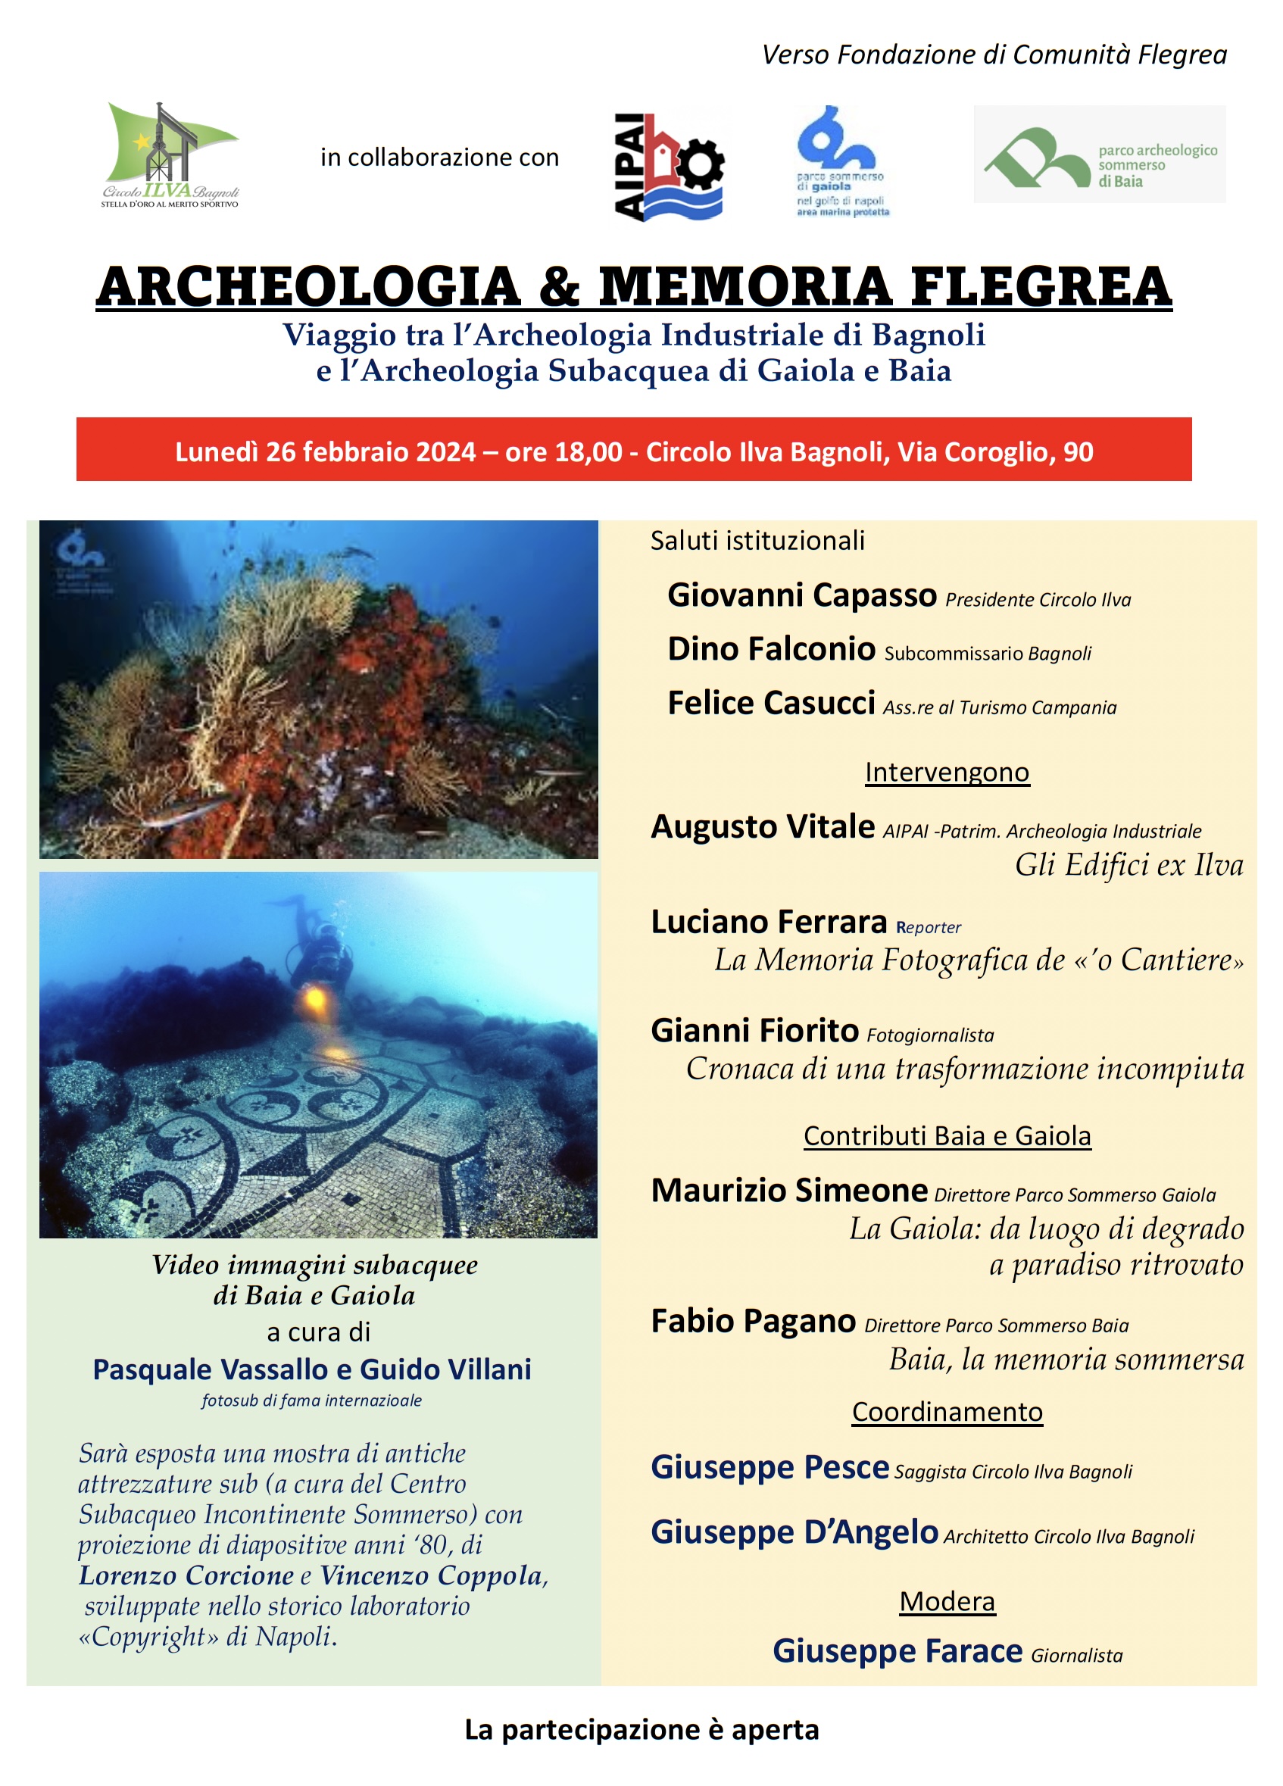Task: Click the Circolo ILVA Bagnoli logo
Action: tap(170, 155)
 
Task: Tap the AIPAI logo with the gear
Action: tap(669, 165)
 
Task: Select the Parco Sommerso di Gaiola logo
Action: tap(841, 161)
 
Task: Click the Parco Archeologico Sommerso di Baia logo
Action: tap(1099, 155)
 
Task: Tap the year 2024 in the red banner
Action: tap(445, 452)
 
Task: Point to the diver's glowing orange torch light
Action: tap(315, 1001)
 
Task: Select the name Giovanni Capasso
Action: tap(801, 595)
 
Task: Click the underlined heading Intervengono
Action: tap(946, 773)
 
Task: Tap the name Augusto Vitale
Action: tap(763, 827)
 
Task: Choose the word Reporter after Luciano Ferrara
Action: tap(928, 928)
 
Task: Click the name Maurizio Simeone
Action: tap(788, 1191)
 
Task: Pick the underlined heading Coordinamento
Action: tap(947, 1412)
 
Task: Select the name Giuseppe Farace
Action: tap(897, 1651)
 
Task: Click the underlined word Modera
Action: tap(947, 1602)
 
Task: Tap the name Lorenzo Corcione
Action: tap(186, 1575)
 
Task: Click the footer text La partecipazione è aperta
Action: tap(641, 1729)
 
